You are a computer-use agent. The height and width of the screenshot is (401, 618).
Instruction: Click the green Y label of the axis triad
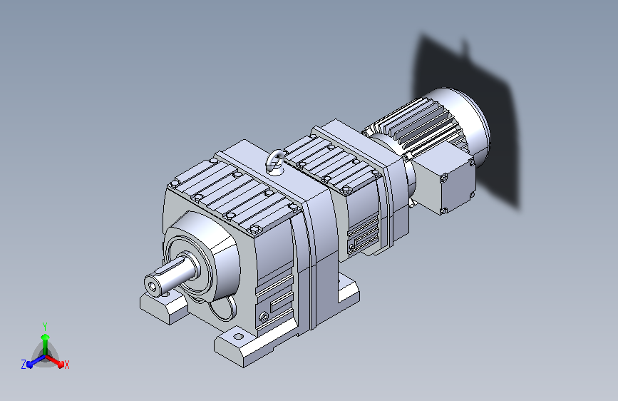click(45, 326)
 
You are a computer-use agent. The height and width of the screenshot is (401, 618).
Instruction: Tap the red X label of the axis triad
click(66, 365)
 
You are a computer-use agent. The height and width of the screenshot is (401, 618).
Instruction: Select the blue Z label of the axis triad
click(24, 365)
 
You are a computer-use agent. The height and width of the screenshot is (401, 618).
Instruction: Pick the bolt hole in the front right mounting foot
click(239, 337)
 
